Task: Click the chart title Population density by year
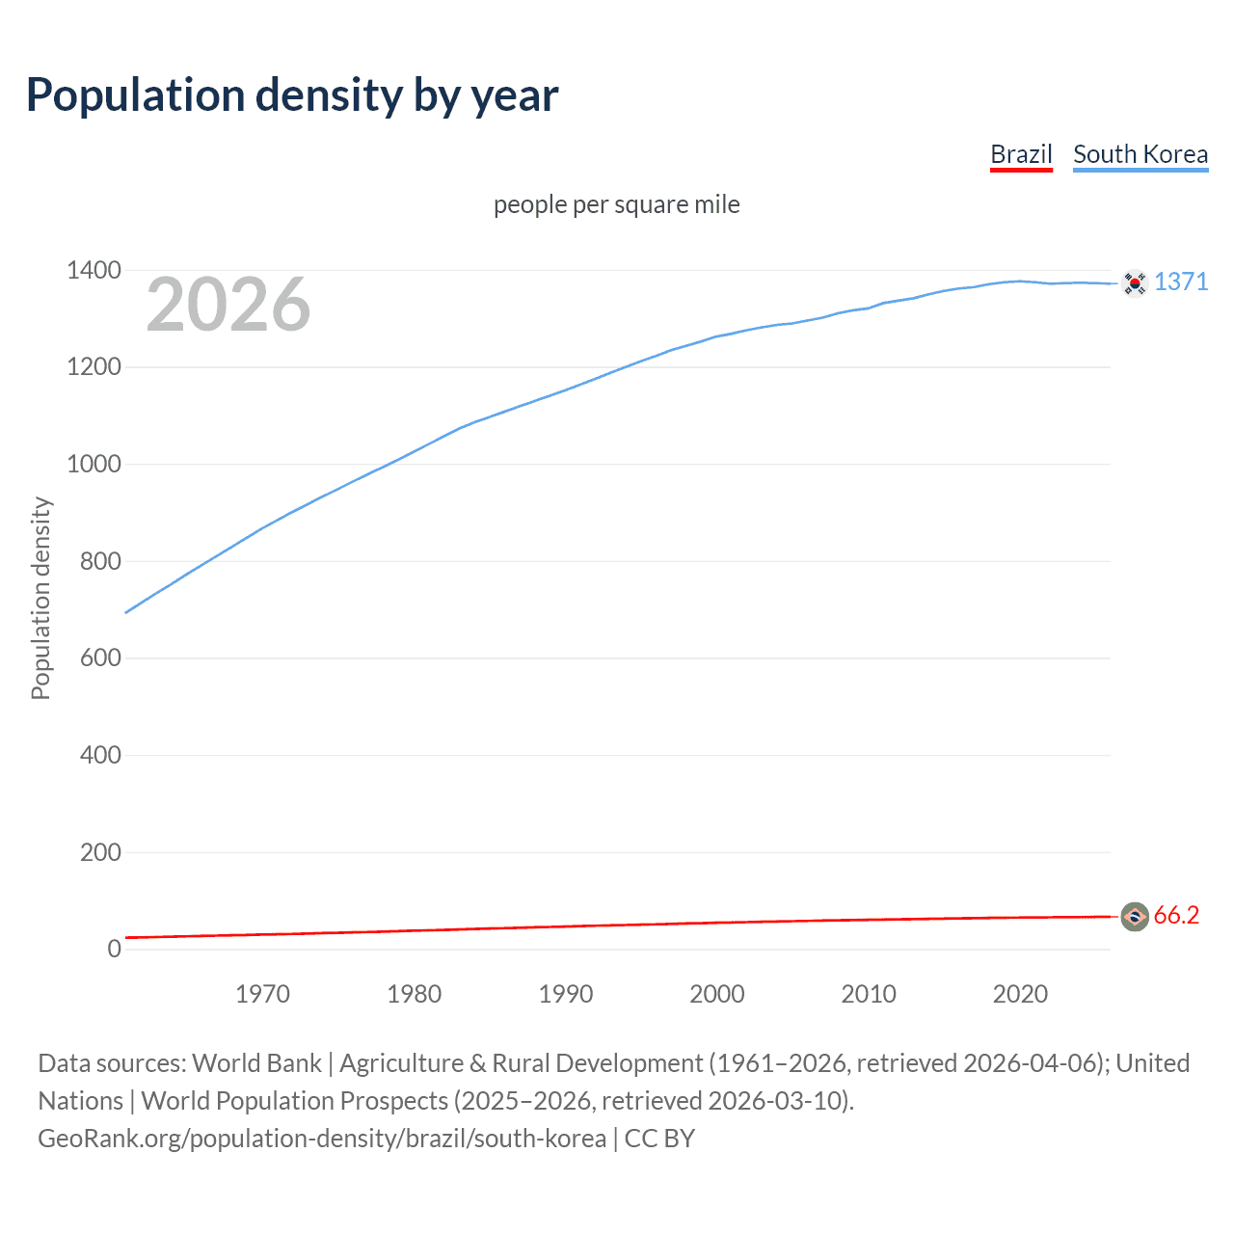click(x=292, y=95)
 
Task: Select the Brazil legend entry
click(x=1021, y=154)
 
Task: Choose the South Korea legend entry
click(x=1140, y=154)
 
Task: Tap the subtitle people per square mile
click(x=616, y=204)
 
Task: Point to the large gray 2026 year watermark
click(x=228, y=305)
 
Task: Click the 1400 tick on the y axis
click(x=94, y=270)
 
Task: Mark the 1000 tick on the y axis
click(x=94, y=464)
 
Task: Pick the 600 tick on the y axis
click(x=100, y=657)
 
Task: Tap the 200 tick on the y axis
click(x=100, y=852)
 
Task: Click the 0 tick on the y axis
click(x=114, y=949)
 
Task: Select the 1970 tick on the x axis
click(x=262, y=994)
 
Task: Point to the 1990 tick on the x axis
click(x=566, y=994)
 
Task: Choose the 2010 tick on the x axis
click(x=869, y=994)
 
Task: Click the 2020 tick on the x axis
click(x=1020, y=994)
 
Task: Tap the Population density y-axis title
click(x=40, y=598)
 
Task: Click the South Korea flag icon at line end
click(x=1135, y=282)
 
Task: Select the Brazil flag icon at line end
click(x=1135, y=916)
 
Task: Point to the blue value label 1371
click(x=1181, y=282)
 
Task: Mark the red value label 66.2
click(x=1176, y=915)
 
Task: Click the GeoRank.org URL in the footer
click(x=322, y=1139)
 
